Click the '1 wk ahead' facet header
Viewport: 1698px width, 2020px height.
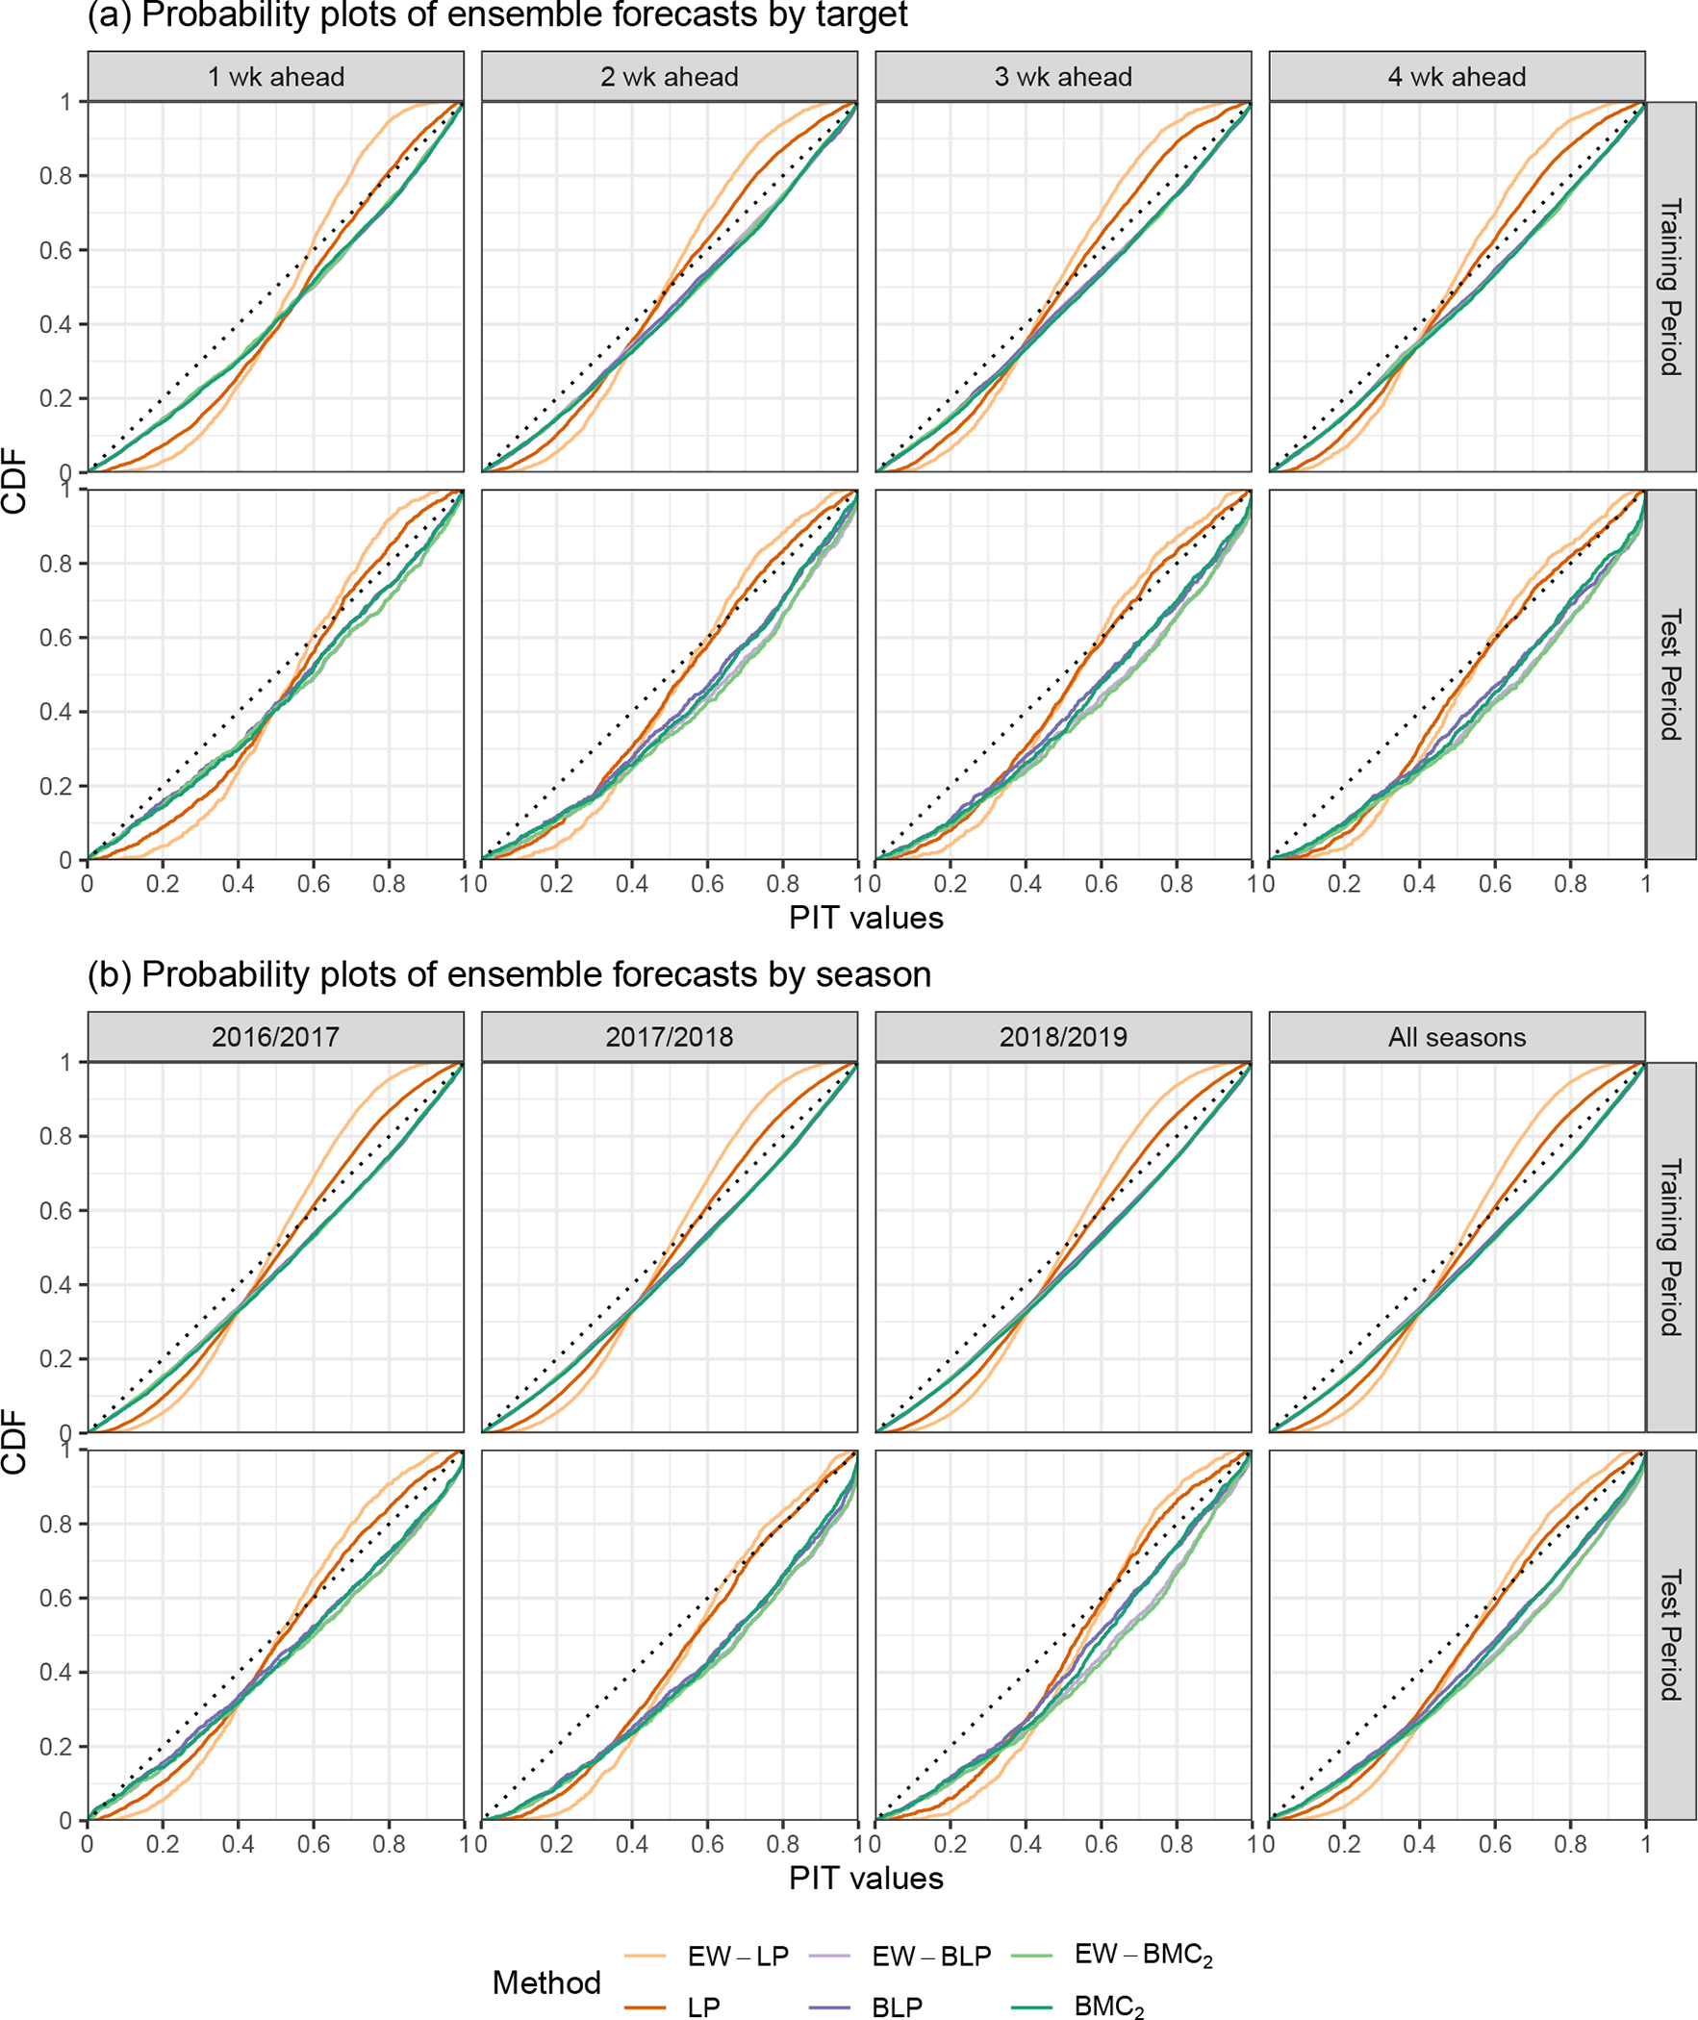[275, 77]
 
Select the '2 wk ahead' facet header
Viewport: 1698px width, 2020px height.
[669, 77]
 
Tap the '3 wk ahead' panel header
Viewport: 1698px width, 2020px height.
[1063, 77]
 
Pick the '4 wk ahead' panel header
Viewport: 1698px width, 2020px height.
[1457, 77]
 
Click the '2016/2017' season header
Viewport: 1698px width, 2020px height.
[275, 1037]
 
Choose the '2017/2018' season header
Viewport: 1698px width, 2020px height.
[669, 1037]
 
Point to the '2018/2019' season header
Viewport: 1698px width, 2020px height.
[1063, 1037]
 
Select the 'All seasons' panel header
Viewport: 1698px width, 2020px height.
[1457, 1037]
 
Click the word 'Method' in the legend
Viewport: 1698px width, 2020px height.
[545, 1982]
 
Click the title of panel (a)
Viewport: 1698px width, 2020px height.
[497, 15]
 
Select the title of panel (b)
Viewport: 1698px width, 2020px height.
[509, 974]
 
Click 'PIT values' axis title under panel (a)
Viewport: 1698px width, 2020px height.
[866, 918]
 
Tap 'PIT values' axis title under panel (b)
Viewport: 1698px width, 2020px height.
[866, 1878]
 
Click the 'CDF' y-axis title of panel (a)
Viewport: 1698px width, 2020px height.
[14, 480]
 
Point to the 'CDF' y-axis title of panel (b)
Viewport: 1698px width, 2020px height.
[14, 1441]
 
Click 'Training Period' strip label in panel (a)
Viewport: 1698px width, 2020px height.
[1670, 287]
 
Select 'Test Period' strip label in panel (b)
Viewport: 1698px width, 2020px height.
[1670, 1635]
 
